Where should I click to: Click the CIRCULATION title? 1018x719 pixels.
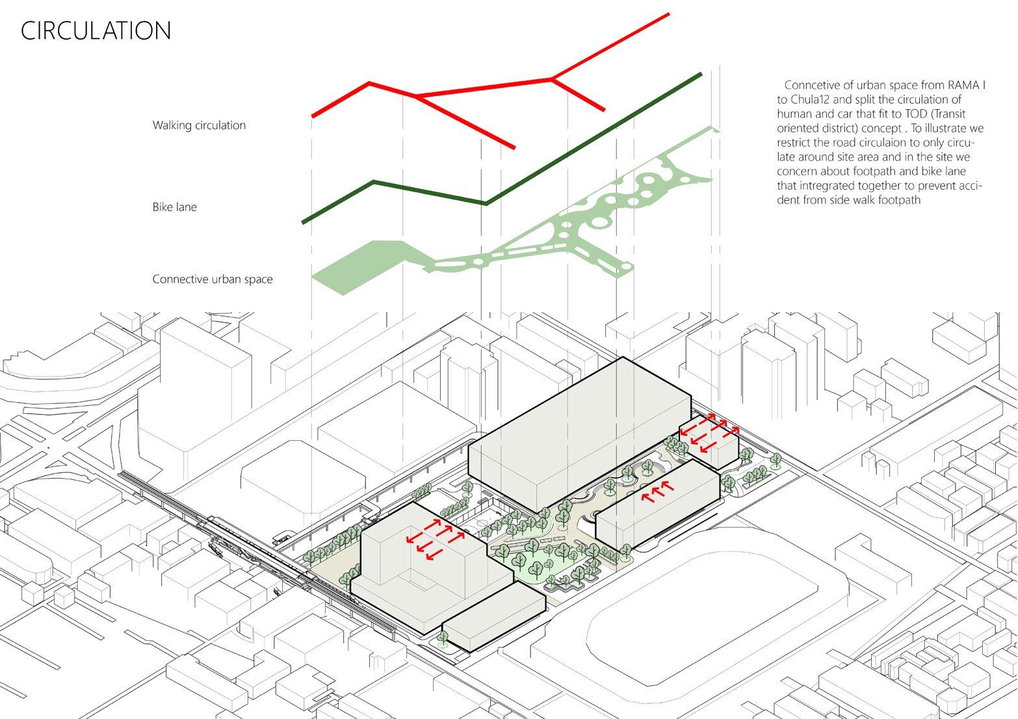pyautogui.click(x=96, y=31)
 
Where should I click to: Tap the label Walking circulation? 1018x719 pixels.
pyautogui.click(x=199, y=125)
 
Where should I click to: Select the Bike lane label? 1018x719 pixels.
pyautogui.click(x=174, y=207)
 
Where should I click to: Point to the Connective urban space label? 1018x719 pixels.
pyautogui.click(x=213, y=279)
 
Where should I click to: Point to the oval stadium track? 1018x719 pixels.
pyautogui.click(x=702, y=611)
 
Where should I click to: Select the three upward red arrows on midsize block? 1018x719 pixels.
pyautogui.click(x=655, y=492)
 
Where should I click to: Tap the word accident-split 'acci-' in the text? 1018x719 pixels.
pyautogui.click(x=970, y=186)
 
